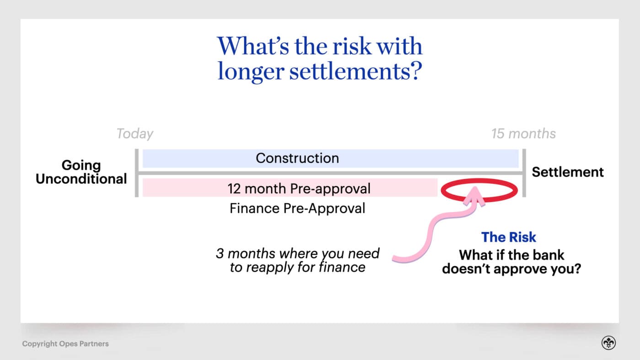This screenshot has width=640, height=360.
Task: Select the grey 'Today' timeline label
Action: pyautogui.click(x=135, y=134)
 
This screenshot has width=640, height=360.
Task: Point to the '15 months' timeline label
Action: pyautogui.click(x=523, y=134)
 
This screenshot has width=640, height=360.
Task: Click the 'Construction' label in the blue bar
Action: pyautogui.click(x=297, y=158)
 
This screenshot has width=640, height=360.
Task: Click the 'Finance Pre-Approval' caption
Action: pyautogui.click(x=297, y=208)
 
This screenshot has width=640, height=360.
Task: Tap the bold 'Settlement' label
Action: pyautogui.click(x=567, y=172)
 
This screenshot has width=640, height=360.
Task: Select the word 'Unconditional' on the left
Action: pyautogui.click(x=81, y=179)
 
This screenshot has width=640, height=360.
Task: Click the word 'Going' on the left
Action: pyautogui.click(x=81, y=165)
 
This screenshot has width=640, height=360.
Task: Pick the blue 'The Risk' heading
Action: pyautogui.click(x=508, y=237)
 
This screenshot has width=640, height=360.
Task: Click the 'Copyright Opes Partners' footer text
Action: pyautogui.click(x=65, y=344)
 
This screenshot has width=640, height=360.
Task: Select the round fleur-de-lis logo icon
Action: pyautogui.click(x=608, y=344)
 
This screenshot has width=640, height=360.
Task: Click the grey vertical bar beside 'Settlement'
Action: pyautogui.click(x=524, y=173)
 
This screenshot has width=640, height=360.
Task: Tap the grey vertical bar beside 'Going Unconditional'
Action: pyautogui.click(x=137, y=173)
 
